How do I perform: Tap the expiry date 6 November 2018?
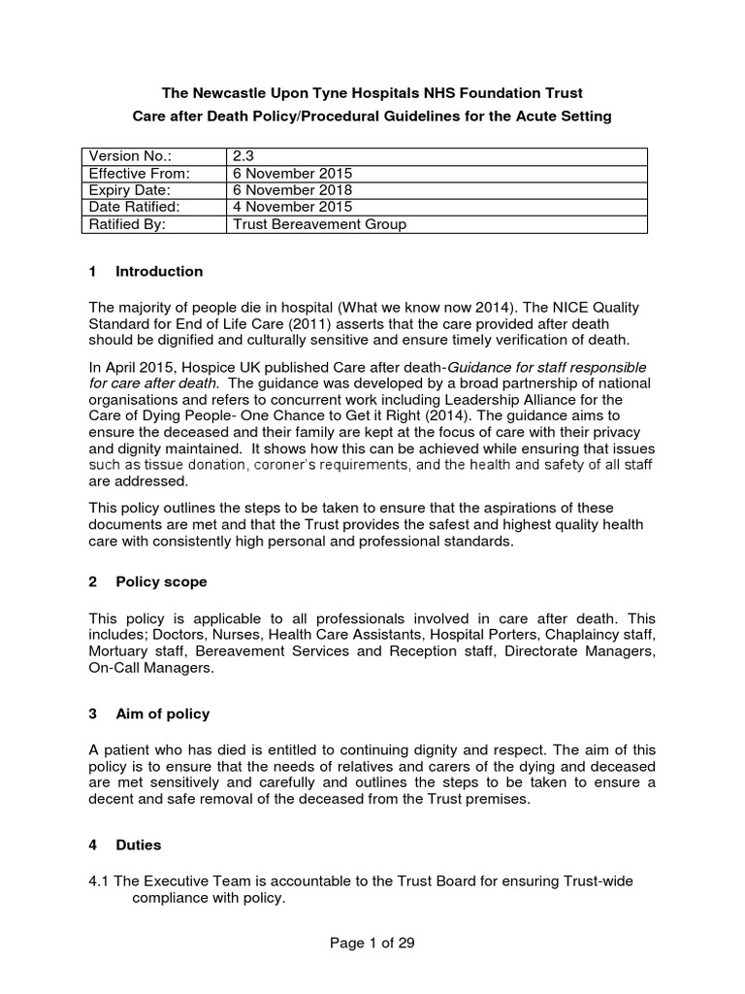point(292,190)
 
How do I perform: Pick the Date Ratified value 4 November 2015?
point(292,208)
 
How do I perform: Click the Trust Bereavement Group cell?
point(319,225)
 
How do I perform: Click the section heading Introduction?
point(158,271)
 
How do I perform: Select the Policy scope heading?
point(160,581)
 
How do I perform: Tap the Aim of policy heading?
point(162,713)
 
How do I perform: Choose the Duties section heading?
point(139,845)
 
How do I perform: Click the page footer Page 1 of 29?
point(372,943)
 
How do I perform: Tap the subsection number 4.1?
point(99,880)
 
